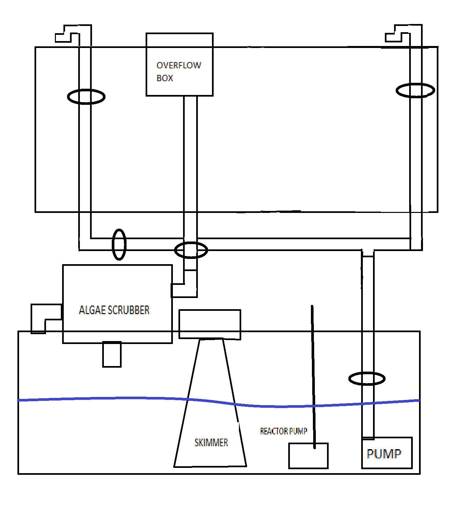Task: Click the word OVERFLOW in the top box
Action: (179, 65)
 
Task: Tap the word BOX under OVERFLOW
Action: (165, 78)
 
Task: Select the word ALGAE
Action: (92, 310)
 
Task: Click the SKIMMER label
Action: (211, 443)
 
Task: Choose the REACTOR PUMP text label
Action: (283, 431)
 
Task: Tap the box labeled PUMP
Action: (386, 453)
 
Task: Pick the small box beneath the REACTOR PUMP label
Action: (308, 456)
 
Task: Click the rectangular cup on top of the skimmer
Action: (210, 324)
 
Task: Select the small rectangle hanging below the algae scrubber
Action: (112, 354)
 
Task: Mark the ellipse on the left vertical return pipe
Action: (86, 97)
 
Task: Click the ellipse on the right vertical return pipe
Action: (415, 90)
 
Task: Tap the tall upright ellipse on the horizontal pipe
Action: (119, 244)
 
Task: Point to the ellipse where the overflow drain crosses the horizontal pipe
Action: (191, 250)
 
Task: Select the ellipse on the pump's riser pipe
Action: (367, 379)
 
